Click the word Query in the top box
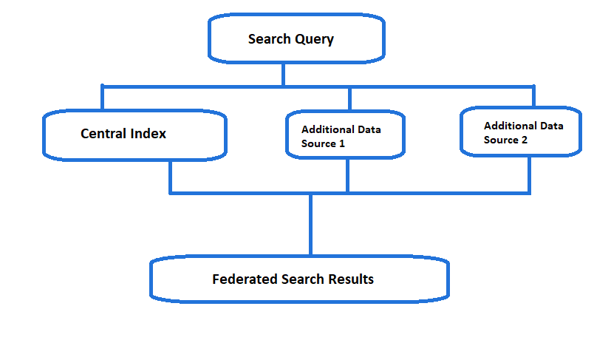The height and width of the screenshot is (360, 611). [x=315, y=39]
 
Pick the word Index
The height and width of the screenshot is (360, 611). [x=149, y=134]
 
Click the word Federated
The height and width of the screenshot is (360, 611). [x=245, y=279]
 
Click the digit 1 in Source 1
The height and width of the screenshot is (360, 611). [x=342, y=143]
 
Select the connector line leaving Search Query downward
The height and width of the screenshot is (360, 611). [x=283, y=74]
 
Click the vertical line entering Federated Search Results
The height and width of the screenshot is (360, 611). [x=310, y=225]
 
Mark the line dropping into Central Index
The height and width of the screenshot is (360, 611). [x=102, y=98]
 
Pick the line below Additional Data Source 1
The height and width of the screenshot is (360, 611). [x=347, y=175]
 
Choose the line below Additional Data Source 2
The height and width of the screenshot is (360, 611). [x=529, y=175]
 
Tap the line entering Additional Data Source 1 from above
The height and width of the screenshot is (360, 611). [x=350, y=99]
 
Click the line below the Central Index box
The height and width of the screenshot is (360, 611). [x=170, y=177]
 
